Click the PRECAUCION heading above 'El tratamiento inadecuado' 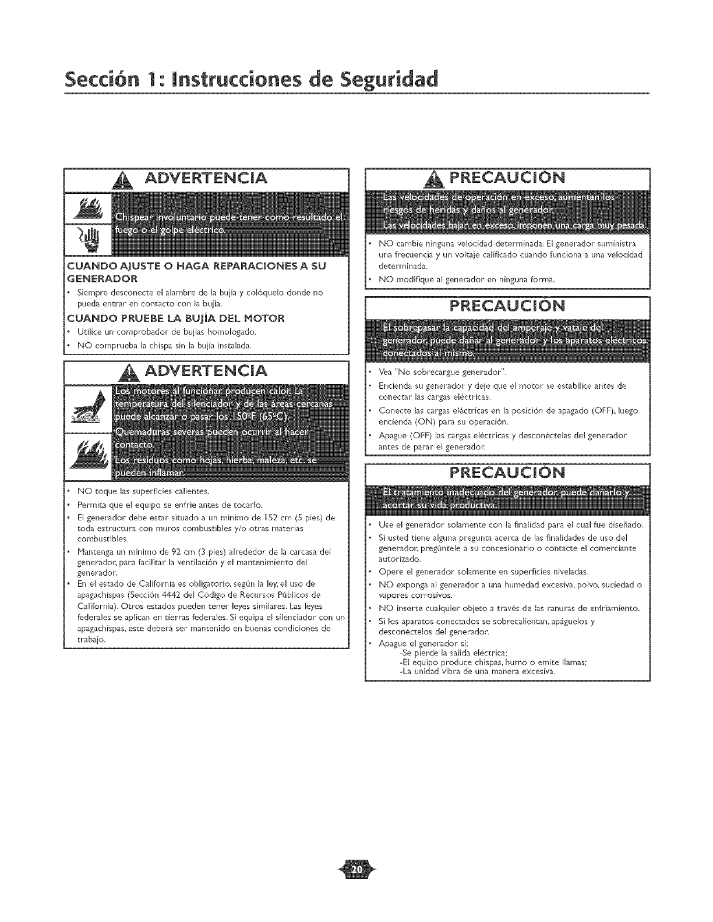(x=507, y=471)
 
